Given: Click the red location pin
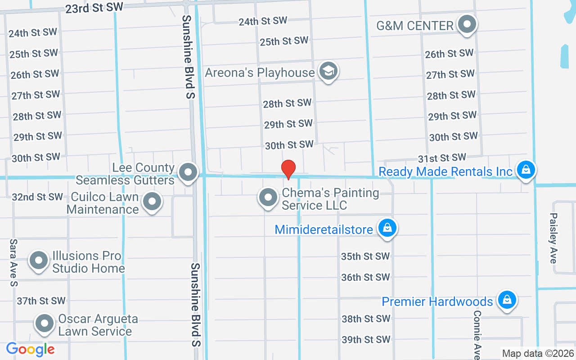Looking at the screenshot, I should click(x=288, y=169).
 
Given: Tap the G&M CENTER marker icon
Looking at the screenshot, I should click(x=467, y=24).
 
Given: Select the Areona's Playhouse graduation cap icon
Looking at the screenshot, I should click(x=328, y=71).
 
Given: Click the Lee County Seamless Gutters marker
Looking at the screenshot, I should click(x=188, y=172).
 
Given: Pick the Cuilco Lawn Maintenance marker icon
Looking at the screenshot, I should click(x=152, y=202).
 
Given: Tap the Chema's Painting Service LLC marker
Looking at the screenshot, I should click(x=269, y=198).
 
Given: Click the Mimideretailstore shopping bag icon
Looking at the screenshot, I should click(x=387, y=228).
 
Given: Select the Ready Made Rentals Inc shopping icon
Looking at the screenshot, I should click(x=525, y=170).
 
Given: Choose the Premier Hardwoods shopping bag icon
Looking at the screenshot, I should click(x=507, y=300).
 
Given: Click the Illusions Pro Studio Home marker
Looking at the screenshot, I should click(x=39, y=261).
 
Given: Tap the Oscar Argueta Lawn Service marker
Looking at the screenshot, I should click(x=45, y=324).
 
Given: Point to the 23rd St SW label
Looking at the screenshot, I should click(x=94, y=8).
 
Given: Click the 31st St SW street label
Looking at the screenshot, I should click(x=442, y=158).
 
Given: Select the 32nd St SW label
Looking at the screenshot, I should click(x=37, y=197).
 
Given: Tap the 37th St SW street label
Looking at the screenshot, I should click(x=41, y=301).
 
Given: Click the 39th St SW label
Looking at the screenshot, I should click(x=365, y=339).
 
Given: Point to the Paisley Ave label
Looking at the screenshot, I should click(x=553, y=238).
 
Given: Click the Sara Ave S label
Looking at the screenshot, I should click(x=14, y=263).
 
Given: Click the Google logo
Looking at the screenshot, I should click(x=31, y=349).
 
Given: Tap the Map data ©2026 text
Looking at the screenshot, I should click(x=538, y=353).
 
